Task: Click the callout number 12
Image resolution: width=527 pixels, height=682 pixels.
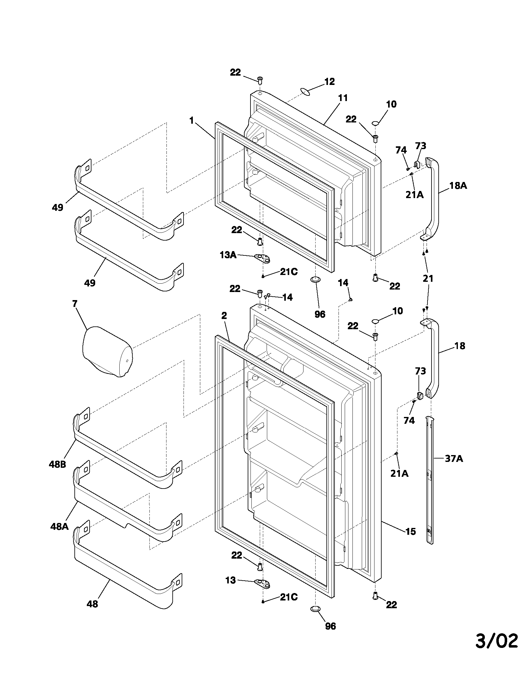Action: (x=329, y=82)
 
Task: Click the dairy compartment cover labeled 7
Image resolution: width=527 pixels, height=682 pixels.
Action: (x=107, y=351)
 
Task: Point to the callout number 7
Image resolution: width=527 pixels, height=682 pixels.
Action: (x=75, y=303)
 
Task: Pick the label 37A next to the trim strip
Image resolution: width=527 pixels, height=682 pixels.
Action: (x=454, y=459)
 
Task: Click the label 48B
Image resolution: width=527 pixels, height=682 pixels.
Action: (x=57, y=464)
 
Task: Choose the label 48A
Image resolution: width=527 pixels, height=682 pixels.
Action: (x=59, y=527)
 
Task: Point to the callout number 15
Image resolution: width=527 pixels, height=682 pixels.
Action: (x=411, y=531)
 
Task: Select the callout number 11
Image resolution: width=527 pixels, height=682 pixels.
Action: (x=343, y=98)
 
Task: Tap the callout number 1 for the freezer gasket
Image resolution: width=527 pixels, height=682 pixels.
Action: (x=191, y=120)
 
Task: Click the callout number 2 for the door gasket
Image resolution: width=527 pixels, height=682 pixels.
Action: (x=224, y=315)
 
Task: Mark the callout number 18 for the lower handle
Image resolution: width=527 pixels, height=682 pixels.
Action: (x=460, y=346)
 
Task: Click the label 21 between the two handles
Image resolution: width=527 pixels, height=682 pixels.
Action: (x=428, y=278)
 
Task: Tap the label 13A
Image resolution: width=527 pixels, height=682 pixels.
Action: (x=228, y=255)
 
